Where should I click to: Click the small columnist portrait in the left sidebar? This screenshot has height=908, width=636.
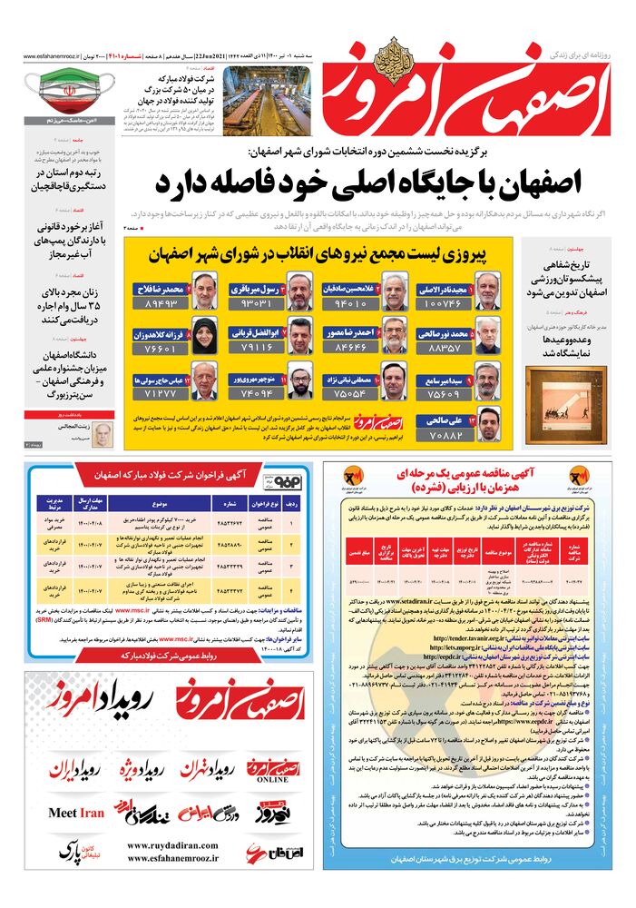102,433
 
